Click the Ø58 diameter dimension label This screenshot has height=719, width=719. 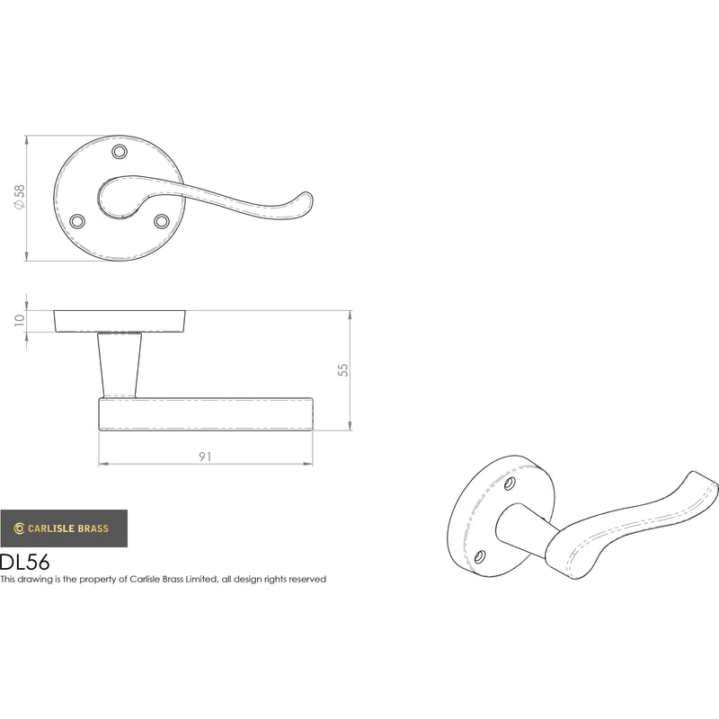(x=19, y=198)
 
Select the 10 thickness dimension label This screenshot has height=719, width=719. (x=19, y=320)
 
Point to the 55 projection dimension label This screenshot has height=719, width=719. (x=343, y=370)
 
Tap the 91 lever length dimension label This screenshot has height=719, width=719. (x=205, y=457)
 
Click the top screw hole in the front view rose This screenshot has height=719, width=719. (x=120, y=151)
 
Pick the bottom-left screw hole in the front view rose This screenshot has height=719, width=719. (x=77, y=221)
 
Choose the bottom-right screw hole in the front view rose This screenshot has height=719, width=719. (x=161, y=221)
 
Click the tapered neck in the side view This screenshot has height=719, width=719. (x=120, y=365)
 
